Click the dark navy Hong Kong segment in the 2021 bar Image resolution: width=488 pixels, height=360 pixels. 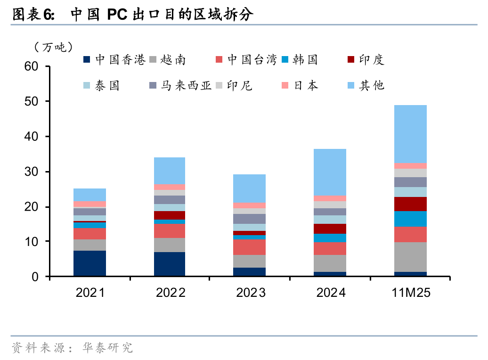point(89,263)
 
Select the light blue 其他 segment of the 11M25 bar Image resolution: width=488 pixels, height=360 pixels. point(410,133)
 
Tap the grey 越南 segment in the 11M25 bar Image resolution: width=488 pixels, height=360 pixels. point(410,257)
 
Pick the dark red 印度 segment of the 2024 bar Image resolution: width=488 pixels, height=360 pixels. point(330,229)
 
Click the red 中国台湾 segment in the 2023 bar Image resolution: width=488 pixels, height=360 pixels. point(250,247)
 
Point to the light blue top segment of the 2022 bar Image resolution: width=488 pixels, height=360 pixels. point(170,171)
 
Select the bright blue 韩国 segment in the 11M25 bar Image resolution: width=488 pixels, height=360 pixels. point(410,219)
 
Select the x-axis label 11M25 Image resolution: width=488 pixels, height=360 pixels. point(411,293)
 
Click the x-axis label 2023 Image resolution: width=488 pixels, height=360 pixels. point(250,293)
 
